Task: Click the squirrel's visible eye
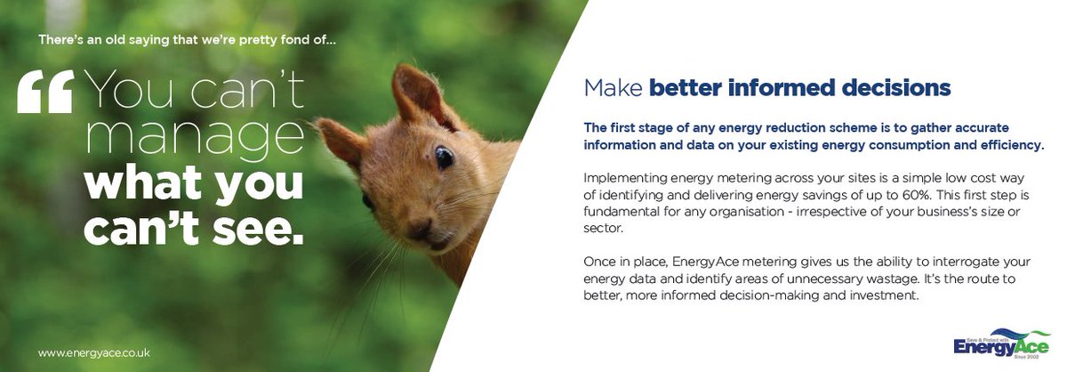click(443, 158)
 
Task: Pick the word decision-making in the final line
click(756, 296)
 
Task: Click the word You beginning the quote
click(126, 93)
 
